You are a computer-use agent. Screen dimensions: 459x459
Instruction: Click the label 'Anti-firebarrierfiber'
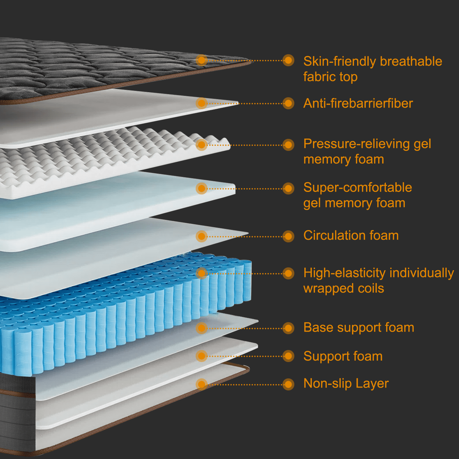358,103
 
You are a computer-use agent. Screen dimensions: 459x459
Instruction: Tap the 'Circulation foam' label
351,236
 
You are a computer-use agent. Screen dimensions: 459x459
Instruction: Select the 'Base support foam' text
359,328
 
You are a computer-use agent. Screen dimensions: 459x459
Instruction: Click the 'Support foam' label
343,356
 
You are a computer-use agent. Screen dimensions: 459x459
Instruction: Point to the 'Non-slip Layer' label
346,384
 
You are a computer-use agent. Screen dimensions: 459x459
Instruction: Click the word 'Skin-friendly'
340,61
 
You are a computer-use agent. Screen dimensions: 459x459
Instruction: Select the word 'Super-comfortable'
358,188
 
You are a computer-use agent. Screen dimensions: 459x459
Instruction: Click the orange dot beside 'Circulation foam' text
288,236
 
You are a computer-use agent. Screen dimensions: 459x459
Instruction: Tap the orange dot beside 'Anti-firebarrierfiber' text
288,103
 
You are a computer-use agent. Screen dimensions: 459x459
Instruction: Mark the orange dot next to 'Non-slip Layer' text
288,384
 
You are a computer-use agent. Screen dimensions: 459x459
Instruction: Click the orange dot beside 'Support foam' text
288,356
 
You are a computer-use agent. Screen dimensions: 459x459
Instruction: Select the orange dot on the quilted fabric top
202,60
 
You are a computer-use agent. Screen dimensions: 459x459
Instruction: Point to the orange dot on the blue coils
202,273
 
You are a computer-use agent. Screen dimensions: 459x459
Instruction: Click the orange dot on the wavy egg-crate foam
202,145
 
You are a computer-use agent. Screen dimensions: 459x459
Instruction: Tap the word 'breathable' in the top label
411,61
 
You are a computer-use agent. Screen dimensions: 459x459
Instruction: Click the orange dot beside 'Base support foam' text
288,328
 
